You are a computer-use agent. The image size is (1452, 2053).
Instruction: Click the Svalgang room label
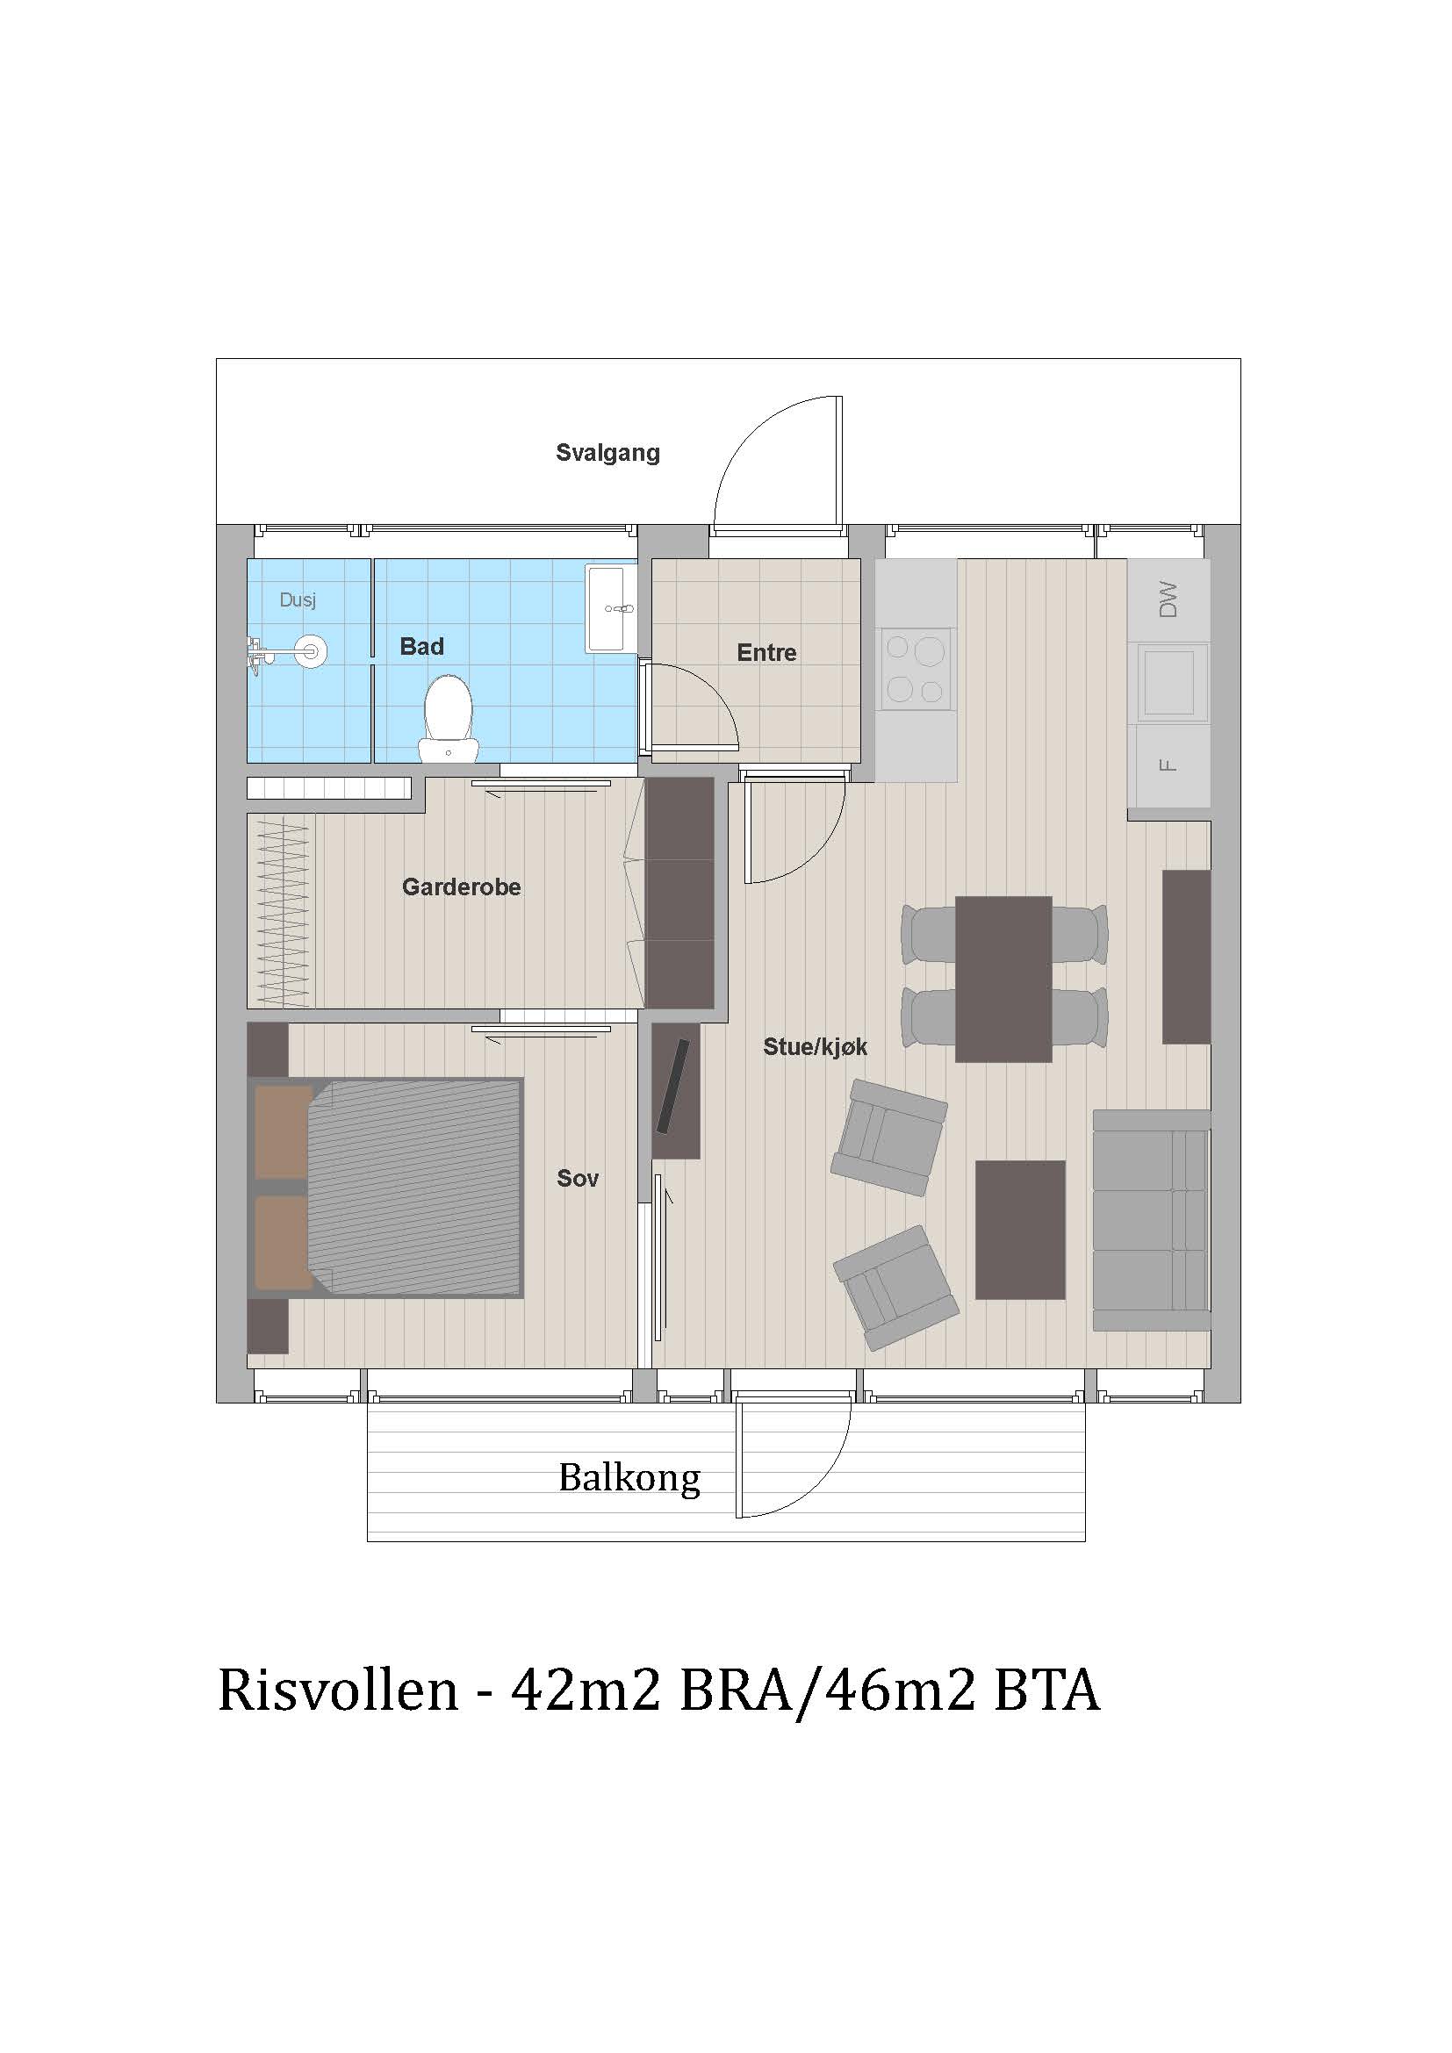pyautogui.click(x=608, y=452)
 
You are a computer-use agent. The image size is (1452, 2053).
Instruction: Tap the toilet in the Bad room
pyautogui.click(x=448, y=715)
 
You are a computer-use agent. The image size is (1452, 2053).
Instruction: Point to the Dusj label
pyautogui.click(x=298, y=600)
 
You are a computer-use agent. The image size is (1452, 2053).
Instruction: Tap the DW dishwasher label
pyautogui.click(x=1168, y=599)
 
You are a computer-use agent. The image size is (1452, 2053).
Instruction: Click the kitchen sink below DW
pyautogui.click(x=1168, y=682)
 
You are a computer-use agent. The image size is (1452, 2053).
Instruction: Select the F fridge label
pyautogui.click(x=1167, y=765)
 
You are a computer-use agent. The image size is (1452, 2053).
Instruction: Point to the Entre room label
pyautogui.click(x=766, y=653)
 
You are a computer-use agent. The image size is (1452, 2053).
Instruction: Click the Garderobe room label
pyautogui.click(x=462, y=887)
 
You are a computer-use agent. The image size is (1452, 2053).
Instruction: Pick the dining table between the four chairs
pyautogui.click(x=1003, y=980)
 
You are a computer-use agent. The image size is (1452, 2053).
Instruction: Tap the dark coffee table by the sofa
pyautogui.click(x=1020, y=1230)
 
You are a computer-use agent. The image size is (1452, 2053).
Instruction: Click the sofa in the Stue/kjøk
pyautogui.click(x=1152, y=1221)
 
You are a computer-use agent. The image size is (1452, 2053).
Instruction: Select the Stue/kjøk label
pyautogui.click(x=815, y=1047)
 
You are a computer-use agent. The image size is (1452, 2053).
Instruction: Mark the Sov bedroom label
pyautogui.click(x=578, y=1179)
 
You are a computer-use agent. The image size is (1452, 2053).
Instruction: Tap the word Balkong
pyautogui.click(x=629, y=1477)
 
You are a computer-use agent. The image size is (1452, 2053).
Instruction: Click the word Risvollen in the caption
pyautogui.click(x=338, y=1691)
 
